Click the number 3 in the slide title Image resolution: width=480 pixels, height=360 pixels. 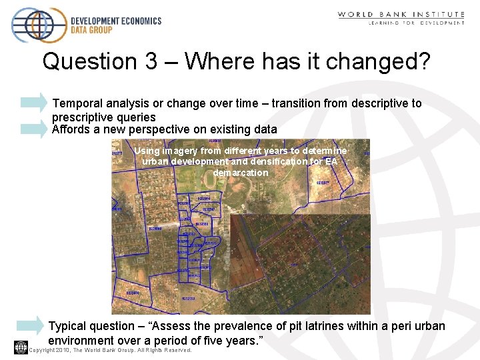pos(153,62)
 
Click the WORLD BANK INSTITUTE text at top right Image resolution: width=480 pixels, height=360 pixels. pos(401,14)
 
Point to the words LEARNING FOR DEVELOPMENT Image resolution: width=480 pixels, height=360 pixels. pos(416,23)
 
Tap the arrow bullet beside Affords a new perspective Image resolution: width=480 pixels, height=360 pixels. pos(34,129)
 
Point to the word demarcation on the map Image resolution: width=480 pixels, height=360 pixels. pos(241,173)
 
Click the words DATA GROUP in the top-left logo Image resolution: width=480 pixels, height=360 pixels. pos(91,29)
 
